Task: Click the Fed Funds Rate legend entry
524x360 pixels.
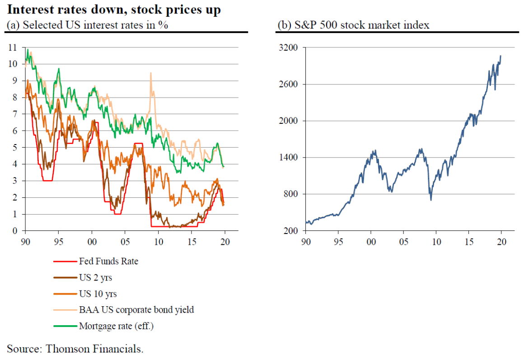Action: pyautogui.click(x=108, y=261)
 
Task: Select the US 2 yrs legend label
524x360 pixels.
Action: pyautogui.click(x=95, y=277)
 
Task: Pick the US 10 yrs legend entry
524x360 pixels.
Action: pyautogui.click(x=98, y=294)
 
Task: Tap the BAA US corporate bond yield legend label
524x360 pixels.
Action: pyautogui.click(x=136, y=310)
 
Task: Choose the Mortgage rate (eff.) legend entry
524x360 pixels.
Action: pyautogui.click(x=117, y=326)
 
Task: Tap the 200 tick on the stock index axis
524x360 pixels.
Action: pyautogui.click(x=292, y=231)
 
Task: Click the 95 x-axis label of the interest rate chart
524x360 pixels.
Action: pyautogui.click(x=58, y=241)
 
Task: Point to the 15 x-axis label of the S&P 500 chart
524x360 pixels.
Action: pyautogui.click(x=469, y=241)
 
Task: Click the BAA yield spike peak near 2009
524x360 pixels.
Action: pyautogui.click(x=150, y=73)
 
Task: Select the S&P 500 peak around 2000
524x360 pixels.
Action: pyautogui.click(x=374, y=151)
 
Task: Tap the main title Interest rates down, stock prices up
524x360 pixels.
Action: pyautogui.click(x=114, y=10)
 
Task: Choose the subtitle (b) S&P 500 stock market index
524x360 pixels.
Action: pyautogui.click(x=353, y=25)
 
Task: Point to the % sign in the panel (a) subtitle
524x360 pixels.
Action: pyautogui.click(x=164, y=25)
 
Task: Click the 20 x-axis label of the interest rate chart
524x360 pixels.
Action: pyautogui.click(x=225, y=241)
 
